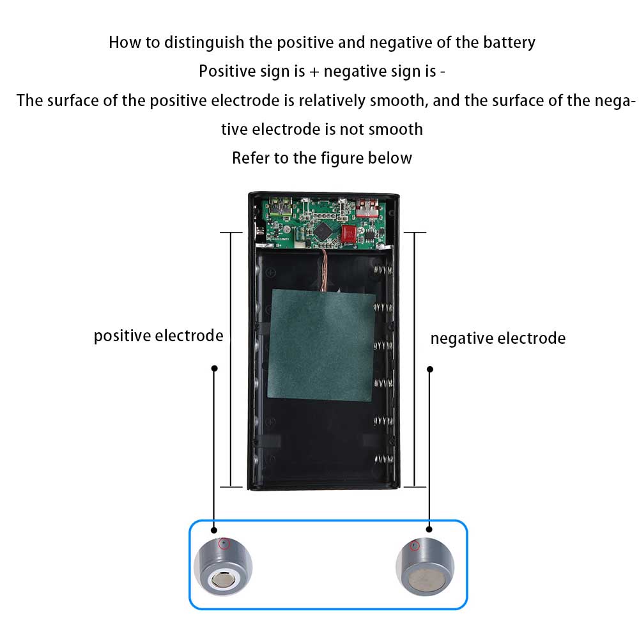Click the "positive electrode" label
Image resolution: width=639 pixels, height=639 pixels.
(158, 335)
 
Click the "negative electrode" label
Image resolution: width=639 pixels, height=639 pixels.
(498, 338)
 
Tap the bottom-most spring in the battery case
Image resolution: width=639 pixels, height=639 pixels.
(382, 459)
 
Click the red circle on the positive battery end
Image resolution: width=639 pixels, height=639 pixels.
(223, 544)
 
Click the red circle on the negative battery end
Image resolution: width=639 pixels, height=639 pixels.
(415, 546)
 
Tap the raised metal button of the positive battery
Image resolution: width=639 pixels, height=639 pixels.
(224, 580)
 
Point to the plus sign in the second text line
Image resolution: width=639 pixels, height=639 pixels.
(314, 72)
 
